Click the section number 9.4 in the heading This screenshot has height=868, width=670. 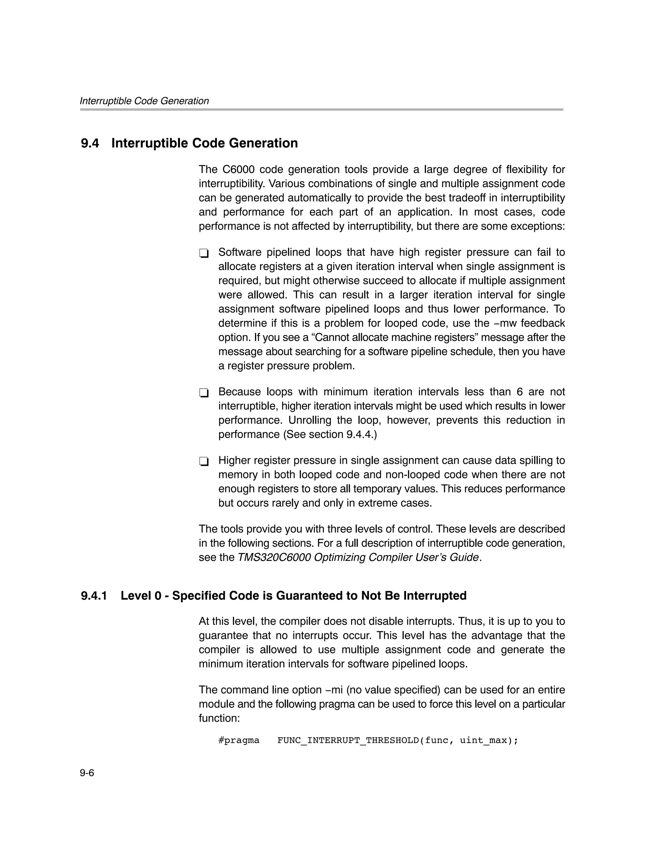point(90,143)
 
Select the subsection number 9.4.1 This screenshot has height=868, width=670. point(94,595)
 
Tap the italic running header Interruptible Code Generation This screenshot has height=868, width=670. point(144,101)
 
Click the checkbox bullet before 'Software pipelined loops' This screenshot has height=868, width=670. point(204,253)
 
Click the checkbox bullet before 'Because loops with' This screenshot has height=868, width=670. point(204,393)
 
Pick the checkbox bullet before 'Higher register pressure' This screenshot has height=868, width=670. point(204,461)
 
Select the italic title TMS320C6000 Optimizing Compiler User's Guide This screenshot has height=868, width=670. point(358,557)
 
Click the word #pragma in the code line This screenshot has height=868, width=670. point(239,740)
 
